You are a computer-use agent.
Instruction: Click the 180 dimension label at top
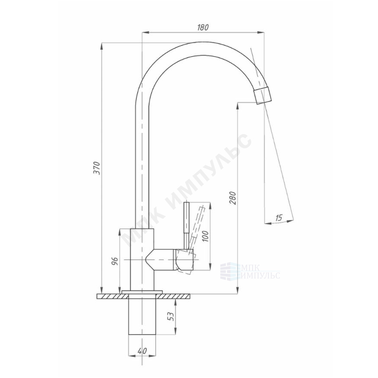(x=203, y=28)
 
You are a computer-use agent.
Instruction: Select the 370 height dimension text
(x=97, y=168)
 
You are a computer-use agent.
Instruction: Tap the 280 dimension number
(x=233, y=198)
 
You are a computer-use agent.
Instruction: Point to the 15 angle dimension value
(x=279, y=218)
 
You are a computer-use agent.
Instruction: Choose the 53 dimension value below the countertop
(x=171, y=316)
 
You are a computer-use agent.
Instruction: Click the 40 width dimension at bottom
(x=142, y=351)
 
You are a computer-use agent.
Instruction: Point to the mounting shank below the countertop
(x=142, y=317)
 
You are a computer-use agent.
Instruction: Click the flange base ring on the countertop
(x=142, y=292)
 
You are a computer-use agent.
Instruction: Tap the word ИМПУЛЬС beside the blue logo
(x=260, y=275)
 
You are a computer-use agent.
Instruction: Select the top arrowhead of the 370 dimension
(x=102, y=46)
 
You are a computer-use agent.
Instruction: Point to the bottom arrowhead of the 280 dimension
(x=237, y=291)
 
